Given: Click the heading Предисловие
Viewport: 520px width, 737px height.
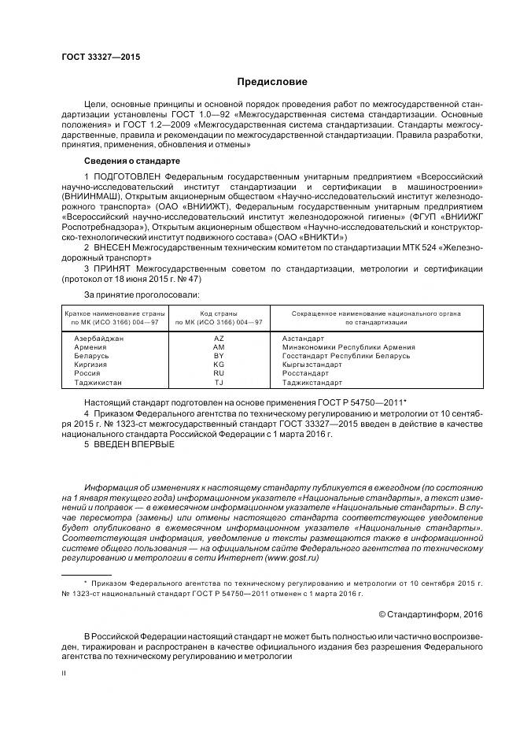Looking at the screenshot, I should pos(272,82).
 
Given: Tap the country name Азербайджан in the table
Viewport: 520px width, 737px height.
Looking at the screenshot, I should pos(99,338).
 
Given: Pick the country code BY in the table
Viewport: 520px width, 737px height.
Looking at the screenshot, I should pos(219,356).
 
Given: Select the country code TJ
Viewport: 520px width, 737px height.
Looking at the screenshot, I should pos(219,383).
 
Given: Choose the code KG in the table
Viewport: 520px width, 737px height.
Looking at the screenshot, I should pos(219,365).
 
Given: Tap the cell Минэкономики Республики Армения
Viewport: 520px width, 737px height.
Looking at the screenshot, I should pos(348,346).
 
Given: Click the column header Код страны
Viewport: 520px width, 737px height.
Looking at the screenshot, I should pos(219,313).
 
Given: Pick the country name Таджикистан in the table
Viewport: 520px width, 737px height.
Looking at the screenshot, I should pos(98,383).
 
